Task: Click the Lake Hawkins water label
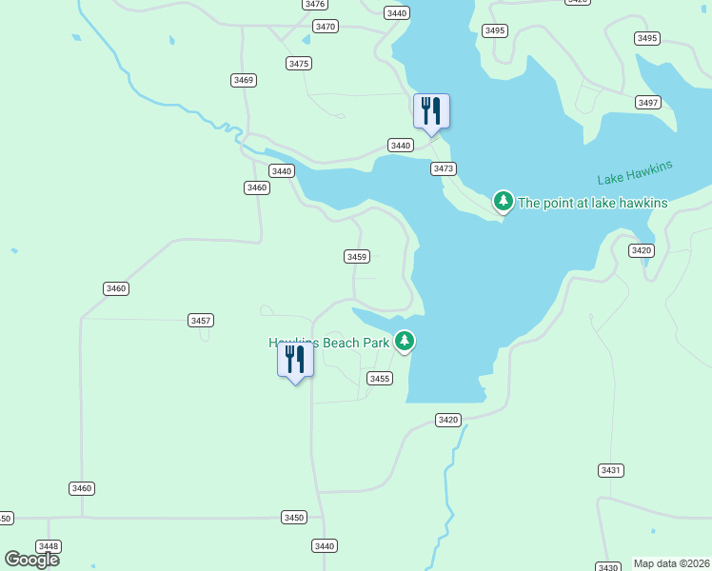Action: click(635, 173)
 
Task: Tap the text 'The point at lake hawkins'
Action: click(592, 203)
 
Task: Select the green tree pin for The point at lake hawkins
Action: click(503, 201)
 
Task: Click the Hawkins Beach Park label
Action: click(329, 342)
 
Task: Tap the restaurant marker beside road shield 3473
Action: click(431, 111)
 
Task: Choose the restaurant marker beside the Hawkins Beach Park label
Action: click(295, 360)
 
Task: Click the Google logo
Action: click(31, 559)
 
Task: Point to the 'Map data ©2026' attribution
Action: click(672, 563)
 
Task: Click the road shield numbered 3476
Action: click(315, 4)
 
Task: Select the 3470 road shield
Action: click(326, 27)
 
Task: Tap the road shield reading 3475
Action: click(299, 63)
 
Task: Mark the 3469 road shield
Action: click(243, 80)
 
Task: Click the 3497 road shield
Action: click(649, 102)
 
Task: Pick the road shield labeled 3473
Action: click(444, 168)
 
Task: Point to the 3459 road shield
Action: click(357, 257)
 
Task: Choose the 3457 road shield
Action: click(201, 321)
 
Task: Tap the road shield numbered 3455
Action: click(380, 379)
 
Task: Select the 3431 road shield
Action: click(611, 470)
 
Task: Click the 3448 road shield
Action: click(49, 546)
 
